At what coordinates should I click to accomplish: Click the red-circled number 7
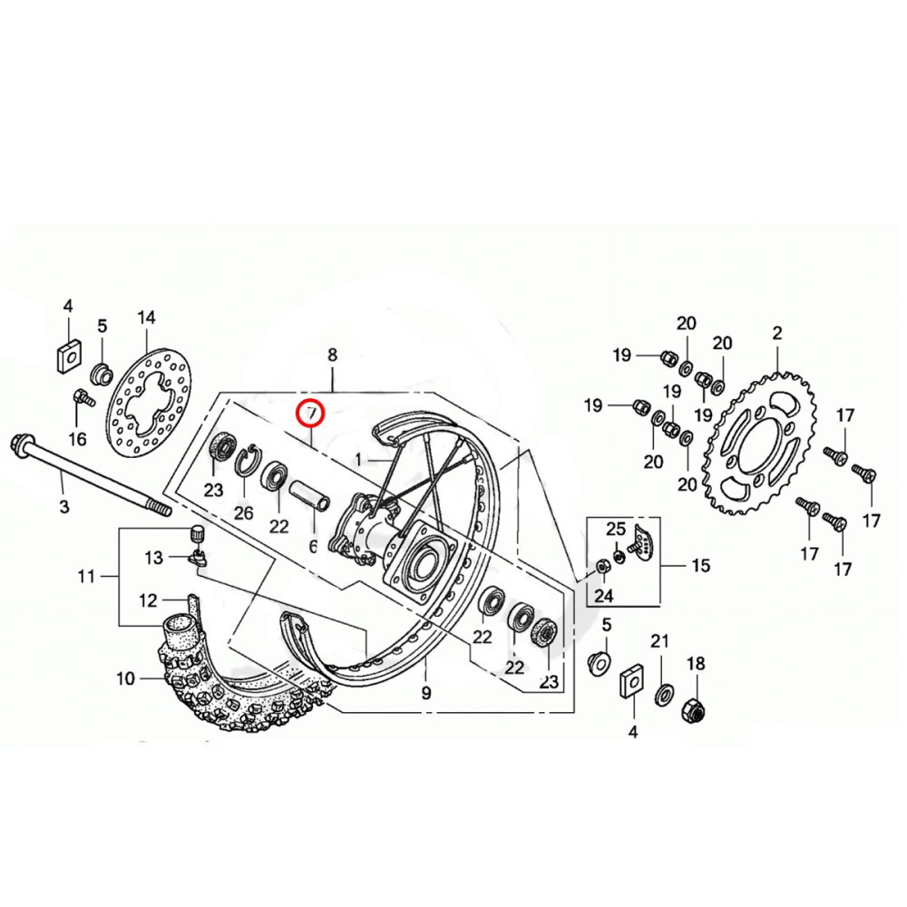(x=311, y=413)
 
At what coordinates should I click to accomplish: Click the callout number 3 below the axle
(x=64, y=506)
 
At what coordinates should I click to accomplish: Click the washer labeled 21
(x=663, y=693)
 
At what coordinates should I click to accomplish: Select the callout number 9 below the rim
(x=426, y=695)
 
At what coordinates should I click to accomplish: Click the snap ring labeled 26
(x=245, y=463)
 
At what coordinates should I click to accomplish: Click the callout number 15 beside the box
(x=701, y=566)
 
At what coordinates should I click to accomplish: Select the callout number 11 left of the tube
(x=86, y=576)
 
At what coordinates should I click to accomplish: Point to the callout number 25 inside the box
(x=616, y=529)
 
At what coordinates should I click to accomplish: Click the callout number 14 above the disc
(x=146, y=317)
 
